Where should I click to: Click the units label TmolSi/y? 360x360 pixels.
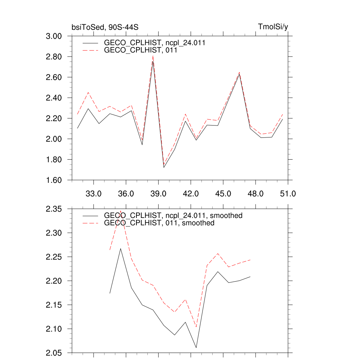(x=273, y=27)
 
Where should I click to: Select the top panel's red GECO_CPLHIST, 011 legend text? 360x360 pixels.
(x=140, y=50)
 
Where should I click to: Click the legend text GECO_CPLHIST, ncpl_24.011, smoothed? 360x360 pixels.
(x=173, y=216)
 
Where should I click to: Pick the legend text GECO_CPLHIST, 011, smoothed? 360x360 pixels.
(x=159, y=223)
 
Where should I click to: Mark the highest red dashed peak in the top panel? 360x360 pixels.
(x=153, y=56)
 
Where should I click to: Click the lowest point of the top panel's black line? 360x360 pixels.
(x=164, y=167)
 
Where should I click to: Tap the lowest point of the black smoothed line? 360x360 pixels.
(x=196, y=348)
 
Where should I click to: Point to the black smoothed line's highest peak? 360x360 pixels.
(x=121, y=249)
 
